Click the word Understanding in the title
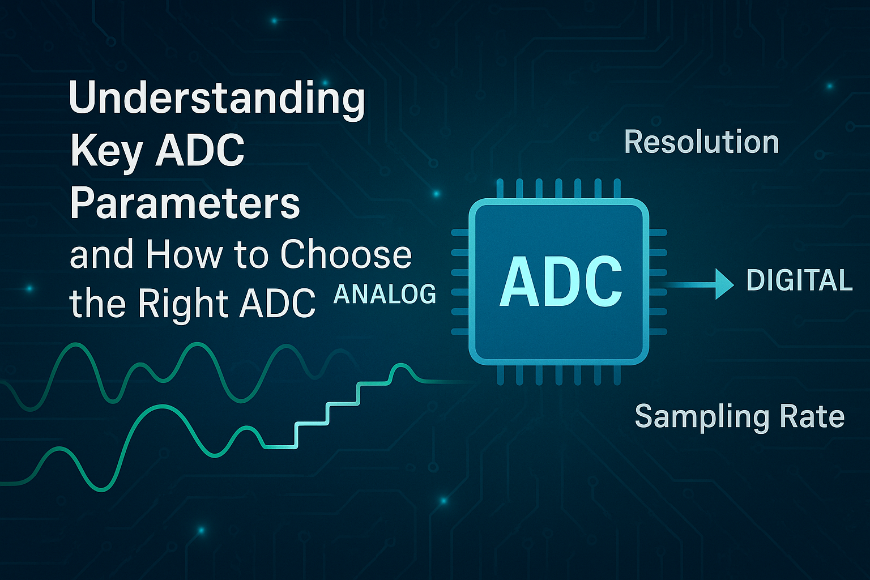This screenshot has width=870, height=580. pyautogui.click(x=217, y=100)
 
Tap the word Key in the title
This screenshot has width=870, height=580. pyautogui.click(x=106, y=153)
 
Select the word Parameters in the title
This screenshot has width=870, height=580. pyautogui.click(x=185, y=203)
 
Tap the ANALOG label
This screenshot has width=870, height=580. pyautogui.click(x=385, y=294)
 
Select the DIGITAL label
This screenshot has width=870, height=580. pyautogui.click(x=799, y=280)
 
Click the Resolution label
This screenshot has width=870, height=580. pyautogui.click(x=701, y=142)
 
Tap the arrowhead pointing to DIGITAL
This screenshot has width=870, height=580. pyautogui.click(x=724, y=284)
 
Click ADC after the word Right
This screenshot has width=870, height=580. pyautogui.click(x=277, y=303)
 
